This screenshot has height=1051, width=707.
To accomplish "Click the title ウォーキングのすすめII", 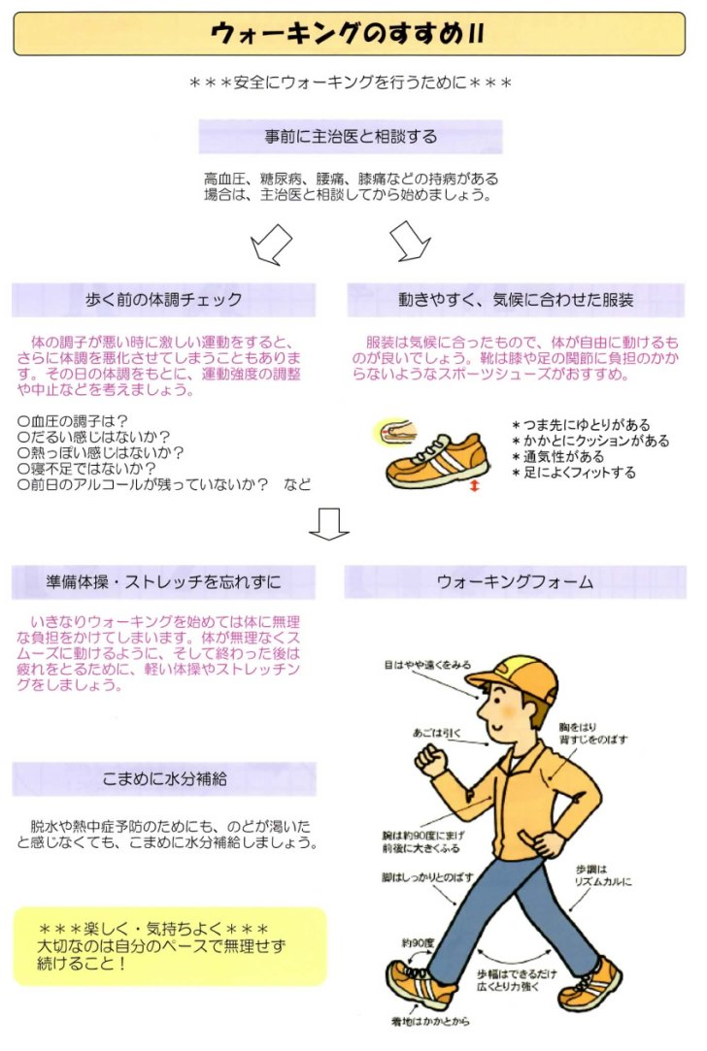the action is (x=348, y=33).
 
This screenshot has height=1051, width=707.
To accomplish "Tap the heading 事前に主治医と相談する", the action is (x=351, y=137).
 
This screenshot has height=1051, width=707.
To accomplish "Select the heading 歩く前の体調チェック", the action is (x=164, y=300).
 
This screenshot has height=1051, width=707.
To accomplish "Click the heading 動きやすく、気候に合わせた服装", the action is (x=516, y=300).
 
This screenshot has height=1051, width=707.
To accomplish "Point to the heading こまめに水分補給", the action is (x=164, y=779).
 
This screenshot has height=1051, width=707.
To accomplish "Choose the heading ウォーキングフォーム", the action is (x=515, y=582).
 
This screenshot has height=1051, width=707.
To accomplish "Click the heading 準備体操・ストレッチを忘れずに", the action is (x=163, y=582).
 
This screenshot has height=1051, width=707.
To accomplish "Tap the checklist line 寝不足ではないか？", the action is (x=86, y=469).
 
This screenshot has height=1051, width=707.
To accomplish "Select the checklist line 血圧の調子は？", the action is (x=73, y=421).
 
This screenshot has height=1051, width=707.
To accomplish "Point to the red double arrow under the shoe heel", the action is (x=475, y=485).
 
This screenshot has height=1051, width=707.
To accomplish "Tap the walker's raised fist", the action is (x=430, y=760).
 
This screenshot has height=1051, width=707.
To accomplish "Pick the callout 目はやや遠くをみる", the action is (x=427, y=665).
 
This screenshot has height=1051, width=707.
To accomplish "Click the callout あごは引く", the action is (x=437, y=734).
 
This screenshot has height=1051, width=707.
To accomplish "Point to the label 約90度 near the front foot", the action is (x=418, y=943).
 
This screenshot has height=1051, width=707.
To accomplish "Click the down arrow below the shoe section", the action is (x=328, y=524).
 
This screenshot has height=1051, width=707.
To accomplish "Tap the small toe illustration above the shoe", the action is (x=395, y=430).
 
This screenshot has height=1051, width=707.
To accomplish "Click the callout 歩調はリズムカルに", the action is (x=603, y=875).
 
